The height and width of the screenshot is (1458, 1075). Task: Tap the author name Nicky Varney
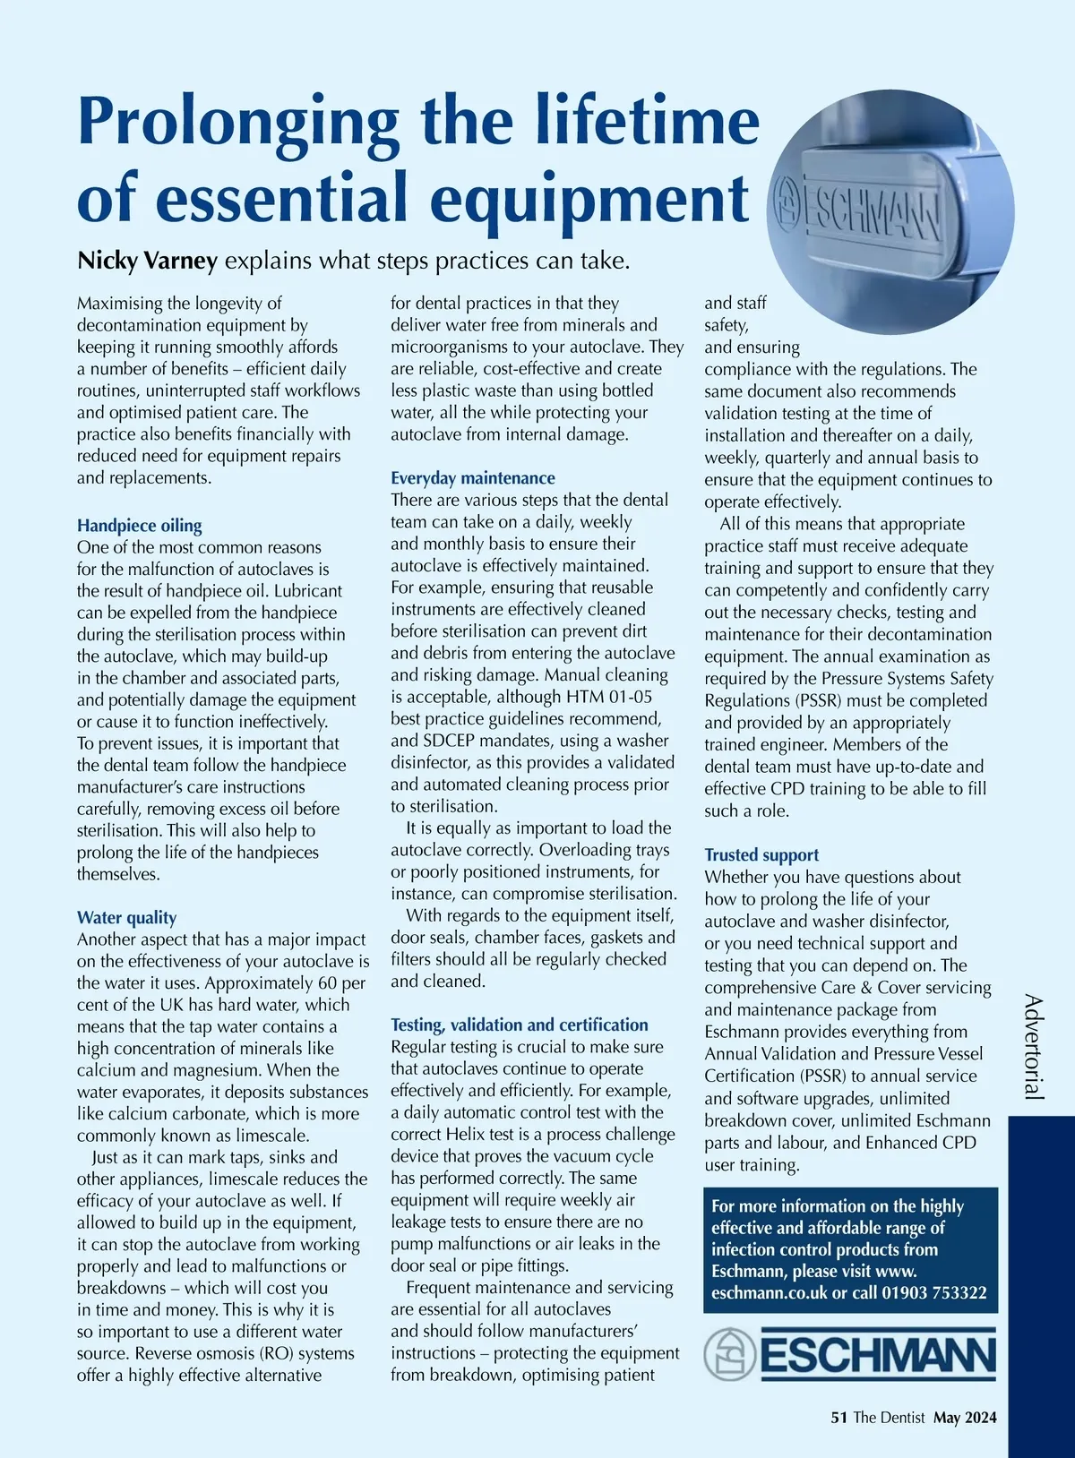tap(147, 261)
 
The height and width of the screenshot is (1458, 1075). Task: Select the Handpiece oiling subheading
tap(139, 526)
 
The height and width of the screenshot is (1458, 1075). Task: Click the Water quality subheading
tap(126, 918)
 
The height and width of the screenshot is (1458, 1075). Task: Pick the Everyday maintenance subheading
tap(472, 478)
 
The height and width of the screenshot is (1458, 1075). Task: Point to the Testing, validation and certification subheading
tap(519, 1025)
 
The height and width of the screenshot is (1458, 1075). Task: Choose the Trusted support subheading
tap(761, 855)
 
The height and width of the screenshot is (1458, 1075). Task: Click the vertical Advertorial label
tap(1034, 1046)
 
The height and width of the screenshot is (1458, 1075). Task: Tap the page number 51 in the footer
tap(838, 1418)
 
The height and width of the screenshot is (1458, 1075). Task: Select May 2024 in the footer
tap(965, 1418)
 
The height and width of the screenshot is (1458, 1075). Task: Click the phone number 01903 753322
tap(934, 1293)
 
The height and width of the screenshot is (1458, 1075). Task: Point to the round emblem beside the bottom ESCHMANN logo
tap(729, 1354)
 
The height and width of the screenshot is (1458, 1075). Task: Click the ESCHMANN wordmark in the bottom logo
tap(878, 1355)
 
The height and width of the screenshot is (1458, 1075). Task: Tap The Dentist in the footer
tap(889, 1418)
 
